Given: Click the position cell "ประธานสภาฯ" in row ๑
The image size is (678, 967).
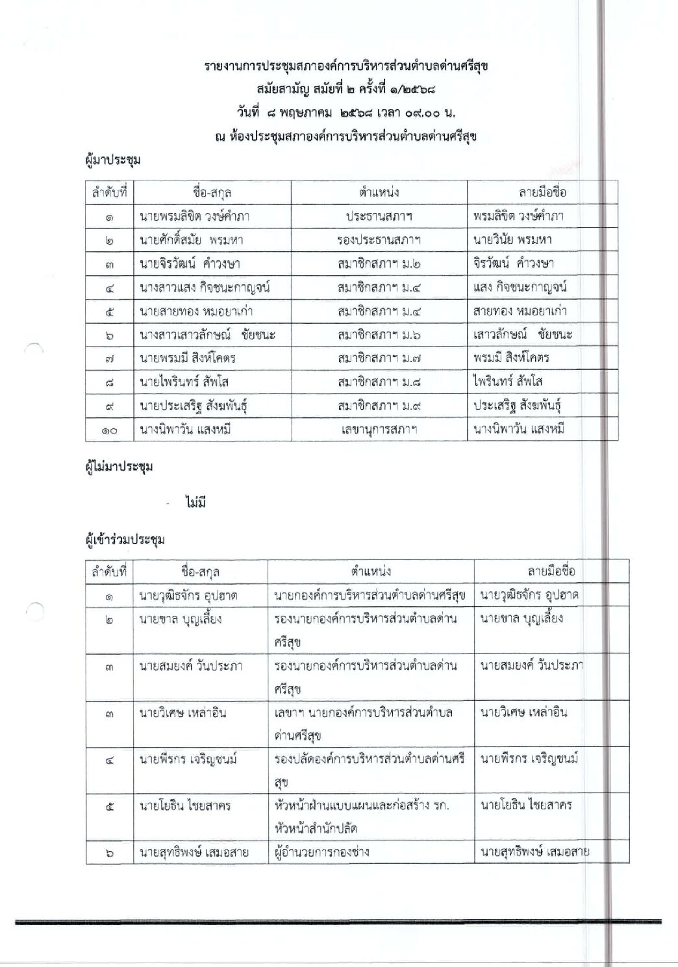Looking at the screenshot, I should coord(379,216).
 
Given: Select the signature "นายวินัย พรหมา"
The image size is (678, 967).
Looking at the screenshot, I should coord(512,239).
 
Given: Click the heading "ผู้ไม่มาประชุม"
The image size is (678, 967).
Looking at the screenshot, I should coord(119,467).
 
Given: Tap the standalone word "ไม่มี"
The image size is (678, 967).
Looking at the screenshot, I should coord(195,502).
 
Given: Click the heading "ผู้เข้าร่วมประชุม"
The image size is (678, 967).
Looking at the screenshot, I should coord(125,539).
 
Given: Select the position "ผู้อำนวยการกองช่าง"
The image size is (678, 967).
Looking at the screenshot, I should coord(321,851).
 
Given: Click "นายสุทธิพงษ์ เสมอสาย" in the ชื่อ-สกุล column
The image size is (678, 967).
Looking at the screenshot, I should coord(194,852).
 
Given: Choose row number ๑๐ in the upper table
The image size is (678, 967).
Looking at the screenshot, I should coord(109,430).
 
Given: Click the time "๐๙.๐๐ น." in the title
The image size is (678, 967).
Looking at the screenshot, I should coord(429,112).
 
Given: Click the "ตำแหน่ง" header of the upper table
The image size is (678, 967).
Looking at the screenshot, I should coord(379,192).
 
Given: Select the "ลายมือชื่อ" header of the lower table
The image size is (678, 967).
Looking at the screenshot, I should coord(551,571).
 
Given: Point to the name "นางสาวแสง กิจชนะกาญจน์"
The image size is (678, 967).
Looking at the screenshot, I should coord(205,288).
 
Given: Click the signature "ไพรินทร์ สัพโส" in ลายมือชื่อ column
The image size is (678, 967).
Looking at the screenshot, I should coord(508,381).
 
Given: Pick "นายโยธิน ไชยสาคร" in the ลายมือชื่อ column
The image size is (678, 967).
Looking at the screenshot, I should coord(526,805).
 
